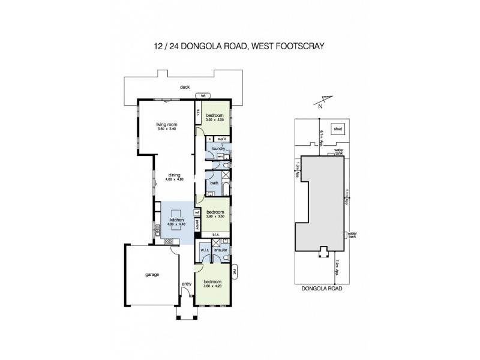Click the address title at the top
click(240, 45)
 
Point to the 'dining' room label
click(175, 175)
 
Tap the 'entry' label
click(186, 284)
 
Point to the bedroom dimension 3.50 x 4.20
click(212, 286)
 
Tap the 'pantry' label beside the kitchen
click(197, 225)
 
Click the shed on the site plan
click(339, 128)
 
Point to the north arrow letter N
click(320, 107)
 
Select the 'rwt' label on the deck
click(203, 96)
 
